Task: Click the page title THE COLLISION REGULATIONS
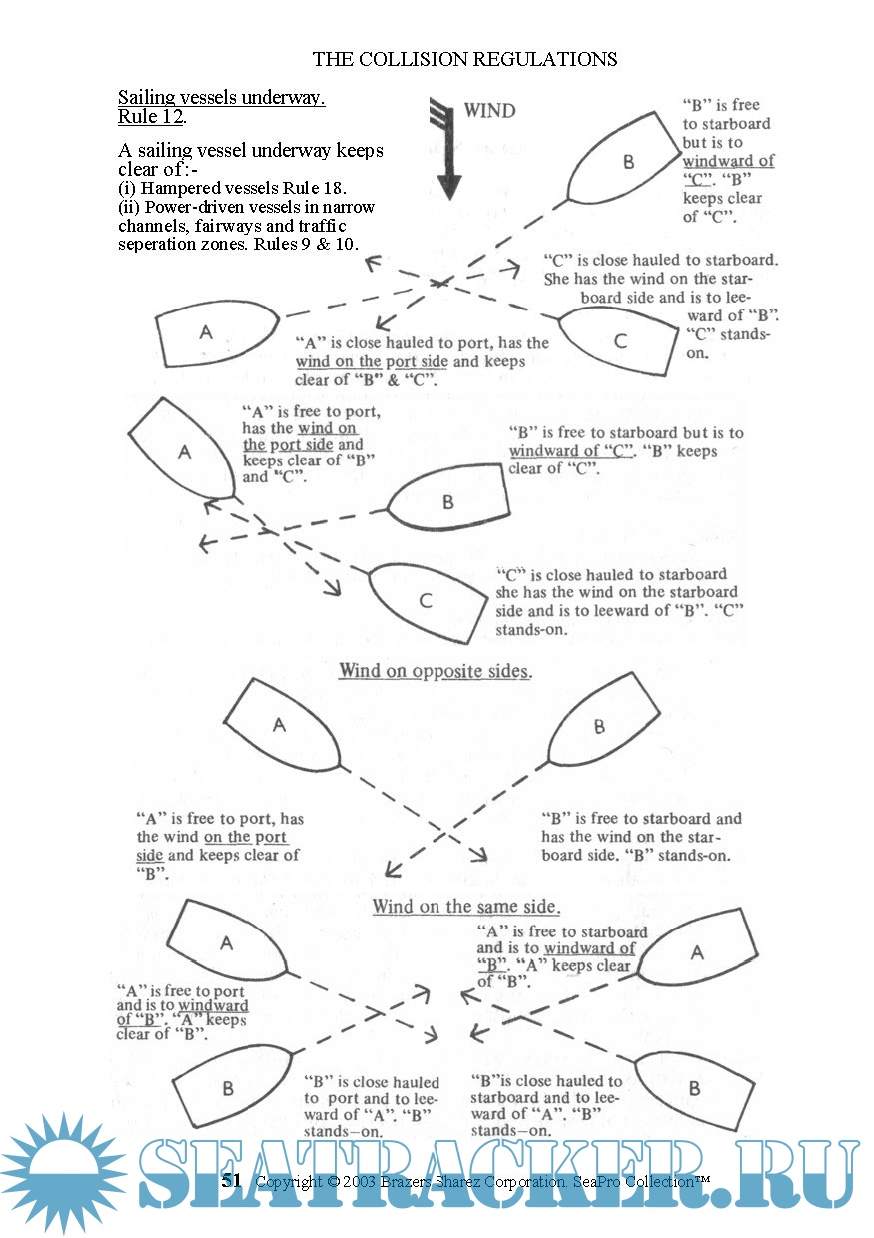[x=464, y=59]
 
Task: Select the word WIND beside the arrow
[x=489, y=111]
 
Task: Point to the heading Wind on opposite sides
[x=435, y=671]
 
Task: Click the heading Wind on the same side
[x=465, y=907]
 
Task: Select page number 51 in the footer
[x=231, y=1180]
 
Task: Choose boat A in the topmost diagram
[x=215, y=332]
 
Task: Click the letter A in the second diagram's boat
[x=184, y=452]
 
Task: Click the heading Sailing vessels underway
[x=221, y=98]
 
